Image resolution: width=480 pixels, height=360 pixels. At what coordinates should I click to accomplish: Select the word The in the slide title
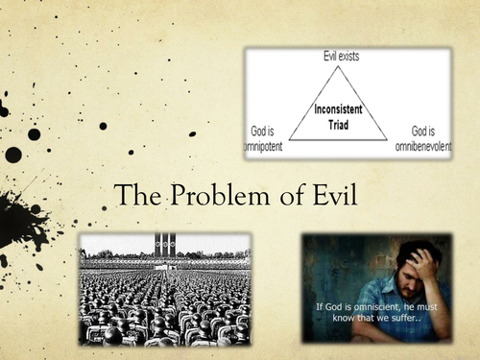132,197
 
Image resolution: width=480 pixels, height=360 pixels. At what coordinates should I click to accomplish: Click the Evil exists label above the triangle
331,59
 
